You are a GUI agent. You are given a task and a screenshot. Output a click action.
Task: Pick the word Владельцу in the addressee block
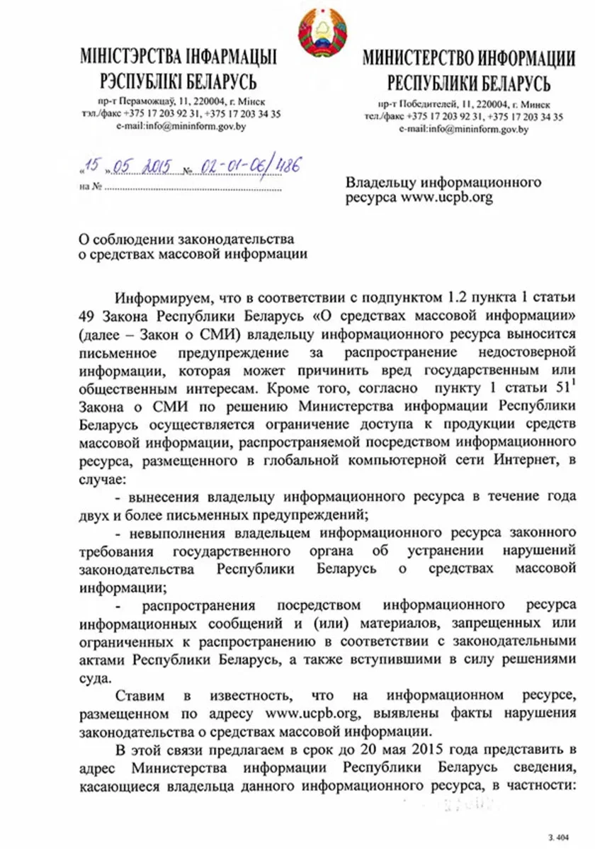click(x=377, y=182)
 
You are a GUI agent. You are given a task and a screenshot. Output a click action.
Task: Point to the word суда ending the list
click(x=93, y=675)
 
